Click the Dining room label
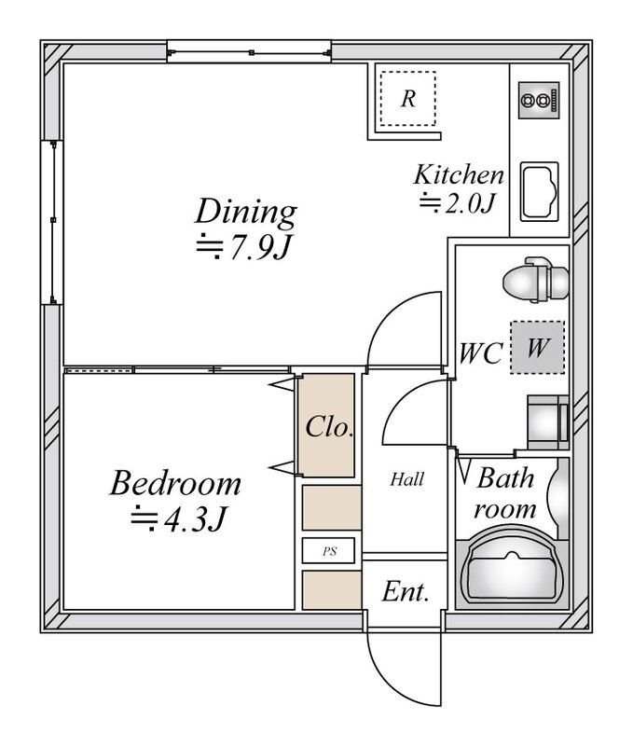coord(246,212)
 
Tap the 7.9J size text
coord(243,246)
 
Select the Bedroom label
coord(175,483)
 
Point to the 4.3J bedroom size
coord(177,518)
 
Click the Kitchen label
coord(459,174)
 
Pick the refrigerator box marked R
coord(408,99)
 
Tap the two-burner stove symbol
coord(538,101)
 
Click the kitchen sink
coord(539,192)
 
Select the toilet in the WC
coord(536,281)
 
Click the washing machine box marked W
coord(537,347)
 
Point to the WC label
coord(481,353)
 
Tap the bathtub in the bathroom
coord(512,567)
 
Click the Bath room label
coord(505,493)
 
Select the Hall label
coord(406,479)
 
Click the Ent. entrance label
coord(406,592)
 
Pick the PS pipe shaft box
coord(329,551)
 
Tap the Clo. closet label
coord(329,427)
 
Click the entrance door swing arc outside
coord(392,681)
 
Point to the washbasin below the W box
coord(548,422)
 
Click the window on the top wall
coord(249,52)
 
